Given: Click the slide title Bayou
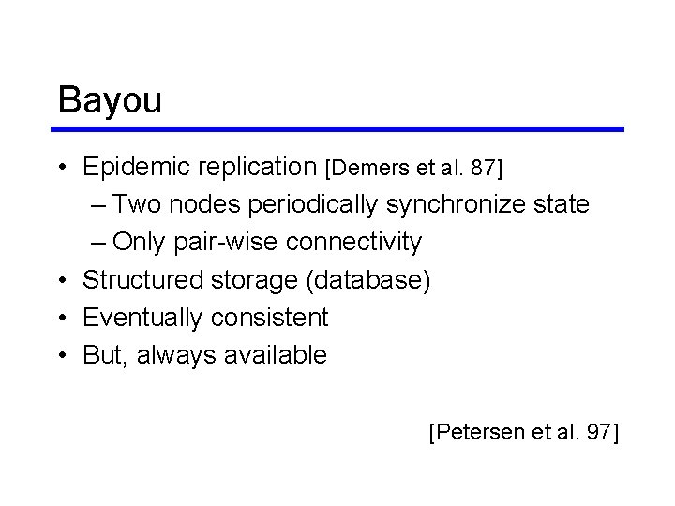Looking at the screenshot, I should (110, 100).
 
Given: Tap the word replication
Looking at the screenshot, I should (257, 168).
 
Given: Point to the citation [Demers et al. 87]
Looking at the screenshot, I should (413, 169).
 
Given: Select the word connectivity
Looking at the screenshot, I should (353, 243).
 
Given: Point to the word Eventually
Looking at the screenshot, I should (142, 318).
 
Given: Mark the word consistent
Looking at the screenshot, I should (269, 318).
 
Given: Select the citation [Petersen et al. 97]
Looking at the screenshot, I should (524, 432).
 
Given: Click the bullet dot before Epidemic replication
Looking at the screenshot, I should (60, 168).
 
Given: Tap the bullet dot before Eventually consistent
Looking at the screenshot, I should (60, 319).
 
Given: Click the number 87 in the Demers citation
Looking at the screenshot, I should (483, 169).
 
